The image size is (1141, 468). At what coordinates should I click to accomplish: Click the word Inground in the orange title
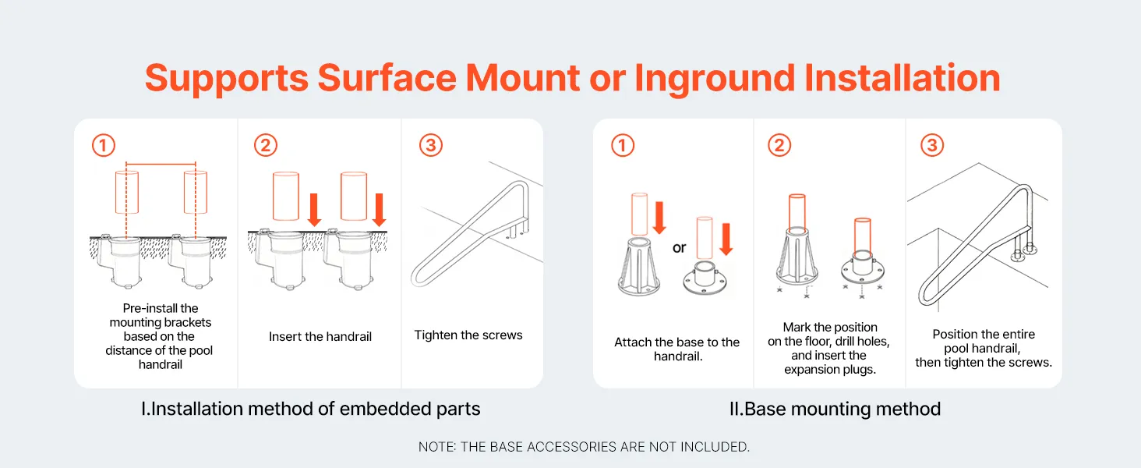[714, 79]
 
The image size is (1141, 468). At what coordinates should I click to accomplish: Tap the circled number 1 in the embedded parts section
[104, 145]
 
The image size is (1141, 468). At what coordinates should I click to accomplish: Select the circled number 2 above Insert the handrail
[266, 145]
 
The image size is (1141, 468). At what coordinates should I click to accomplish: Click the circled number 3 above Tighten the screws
[431, 145]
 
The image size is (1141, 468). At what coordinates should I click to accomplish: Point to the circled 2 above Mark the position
[779, 145]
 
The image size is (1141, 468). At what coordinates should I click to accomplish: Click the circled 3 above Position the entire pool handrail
[932, 145]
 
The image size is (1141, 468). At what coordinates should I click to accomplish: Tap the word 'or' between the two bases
[679, 248]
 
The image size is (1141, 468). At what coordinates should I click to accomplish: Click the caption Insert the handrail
[320, 336]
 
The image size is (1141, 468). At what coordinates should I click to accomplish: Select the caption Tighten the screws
[468, 335]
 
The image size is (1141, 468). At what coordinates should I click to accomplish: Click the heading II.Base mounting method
[835, 409]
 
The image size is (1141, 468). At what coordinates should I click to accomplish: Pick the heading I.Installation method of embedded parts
[311, 409]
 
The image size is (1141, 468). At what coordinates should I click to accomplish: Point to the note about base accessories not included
[584, 447]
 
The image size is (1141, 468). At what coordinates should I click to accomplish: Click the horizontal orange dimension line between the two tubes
[161, 164]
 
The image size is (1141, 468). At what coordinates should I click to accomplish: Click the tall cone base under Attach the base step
[639, 267]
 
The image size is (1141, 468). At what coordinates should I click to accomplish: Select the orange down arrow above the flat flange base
[726, 239]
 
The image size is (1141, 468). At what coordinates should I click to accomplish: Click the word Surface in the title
[387, 79]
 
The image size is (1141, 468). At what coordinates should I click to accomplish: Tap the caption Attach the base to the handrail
[677, 349]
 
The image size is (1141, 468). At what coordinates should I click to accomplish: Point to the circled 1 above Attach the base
[623, 145]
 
